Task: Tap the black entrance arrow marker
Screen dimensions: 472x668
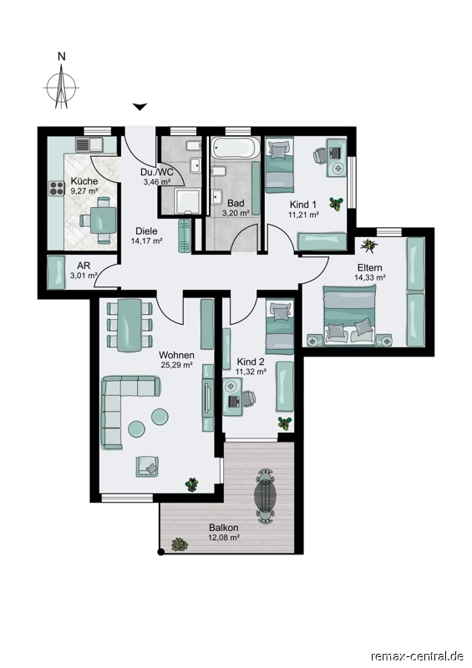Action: point(140,107)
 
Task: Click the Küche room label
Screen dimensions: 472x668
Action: point(84,181)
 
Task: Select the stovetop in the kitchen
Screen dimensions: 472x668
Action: point(57,188)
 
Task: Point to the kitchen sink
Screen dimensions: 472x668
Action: point(89,144)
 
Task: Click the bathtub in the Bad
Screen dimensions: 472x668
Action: point(234,148)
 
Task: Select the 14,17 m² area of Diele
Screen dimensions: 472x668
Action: point(147,240)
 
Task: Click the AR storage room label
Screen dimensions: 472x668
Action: point(84,266)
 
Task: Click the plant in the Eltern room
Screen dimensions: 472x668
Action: point(368,245)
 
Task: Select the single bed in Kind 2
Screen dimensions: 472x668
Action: point(280,326)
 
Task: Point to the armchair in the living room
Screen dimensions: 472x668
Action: point(148,466)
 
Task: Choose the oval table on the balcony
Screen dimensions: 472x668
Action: point(265,496)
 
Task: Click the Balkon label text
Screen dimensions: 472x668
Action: point(223,528)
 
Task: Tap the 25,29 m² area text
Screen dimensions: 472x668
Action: point(176,364)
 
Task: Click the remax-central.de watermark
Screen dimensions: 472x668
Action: point(418,655)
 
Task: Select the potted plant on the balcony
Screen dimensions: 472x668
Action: point(180,544)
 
